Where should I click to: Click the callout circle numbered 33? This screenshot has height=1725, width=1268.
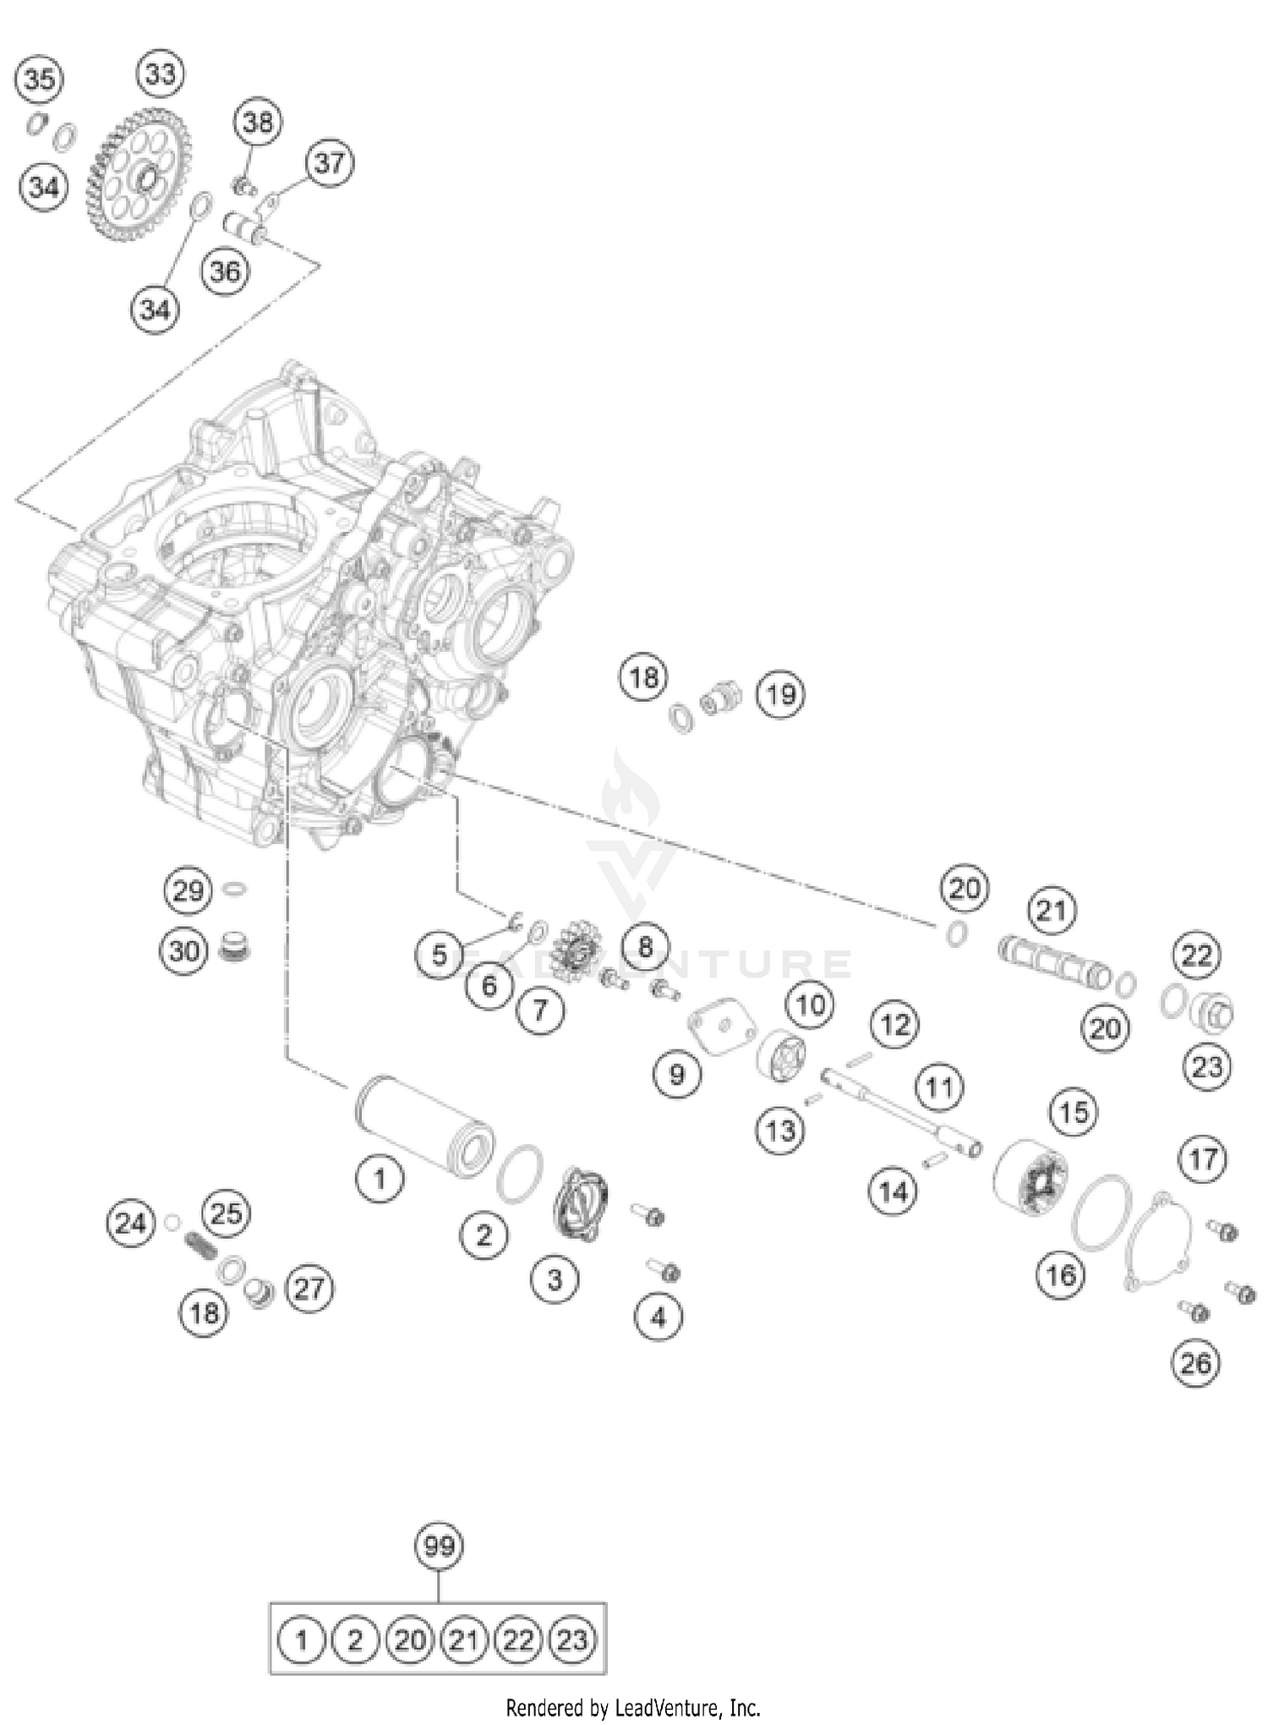(161, 74)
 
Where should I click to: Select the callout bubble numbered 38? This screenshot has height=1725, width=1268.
(258, 123)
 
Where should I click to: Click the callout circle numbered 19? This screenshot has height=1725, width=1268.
(779, 694)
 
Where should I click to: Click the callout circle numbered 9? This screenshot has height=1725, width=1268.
(676, 1074)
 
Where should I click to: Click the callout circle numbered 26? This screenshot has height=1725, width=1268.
(1195, 1362)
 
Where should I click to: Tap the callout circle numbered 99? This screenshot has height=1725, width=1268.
(439, 1547)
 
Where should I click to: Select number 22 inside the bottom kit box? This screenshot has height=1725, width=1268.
(518, 1640)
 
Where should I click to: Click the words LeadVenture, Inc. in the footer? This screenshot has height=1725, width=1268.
(686, 1708)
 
